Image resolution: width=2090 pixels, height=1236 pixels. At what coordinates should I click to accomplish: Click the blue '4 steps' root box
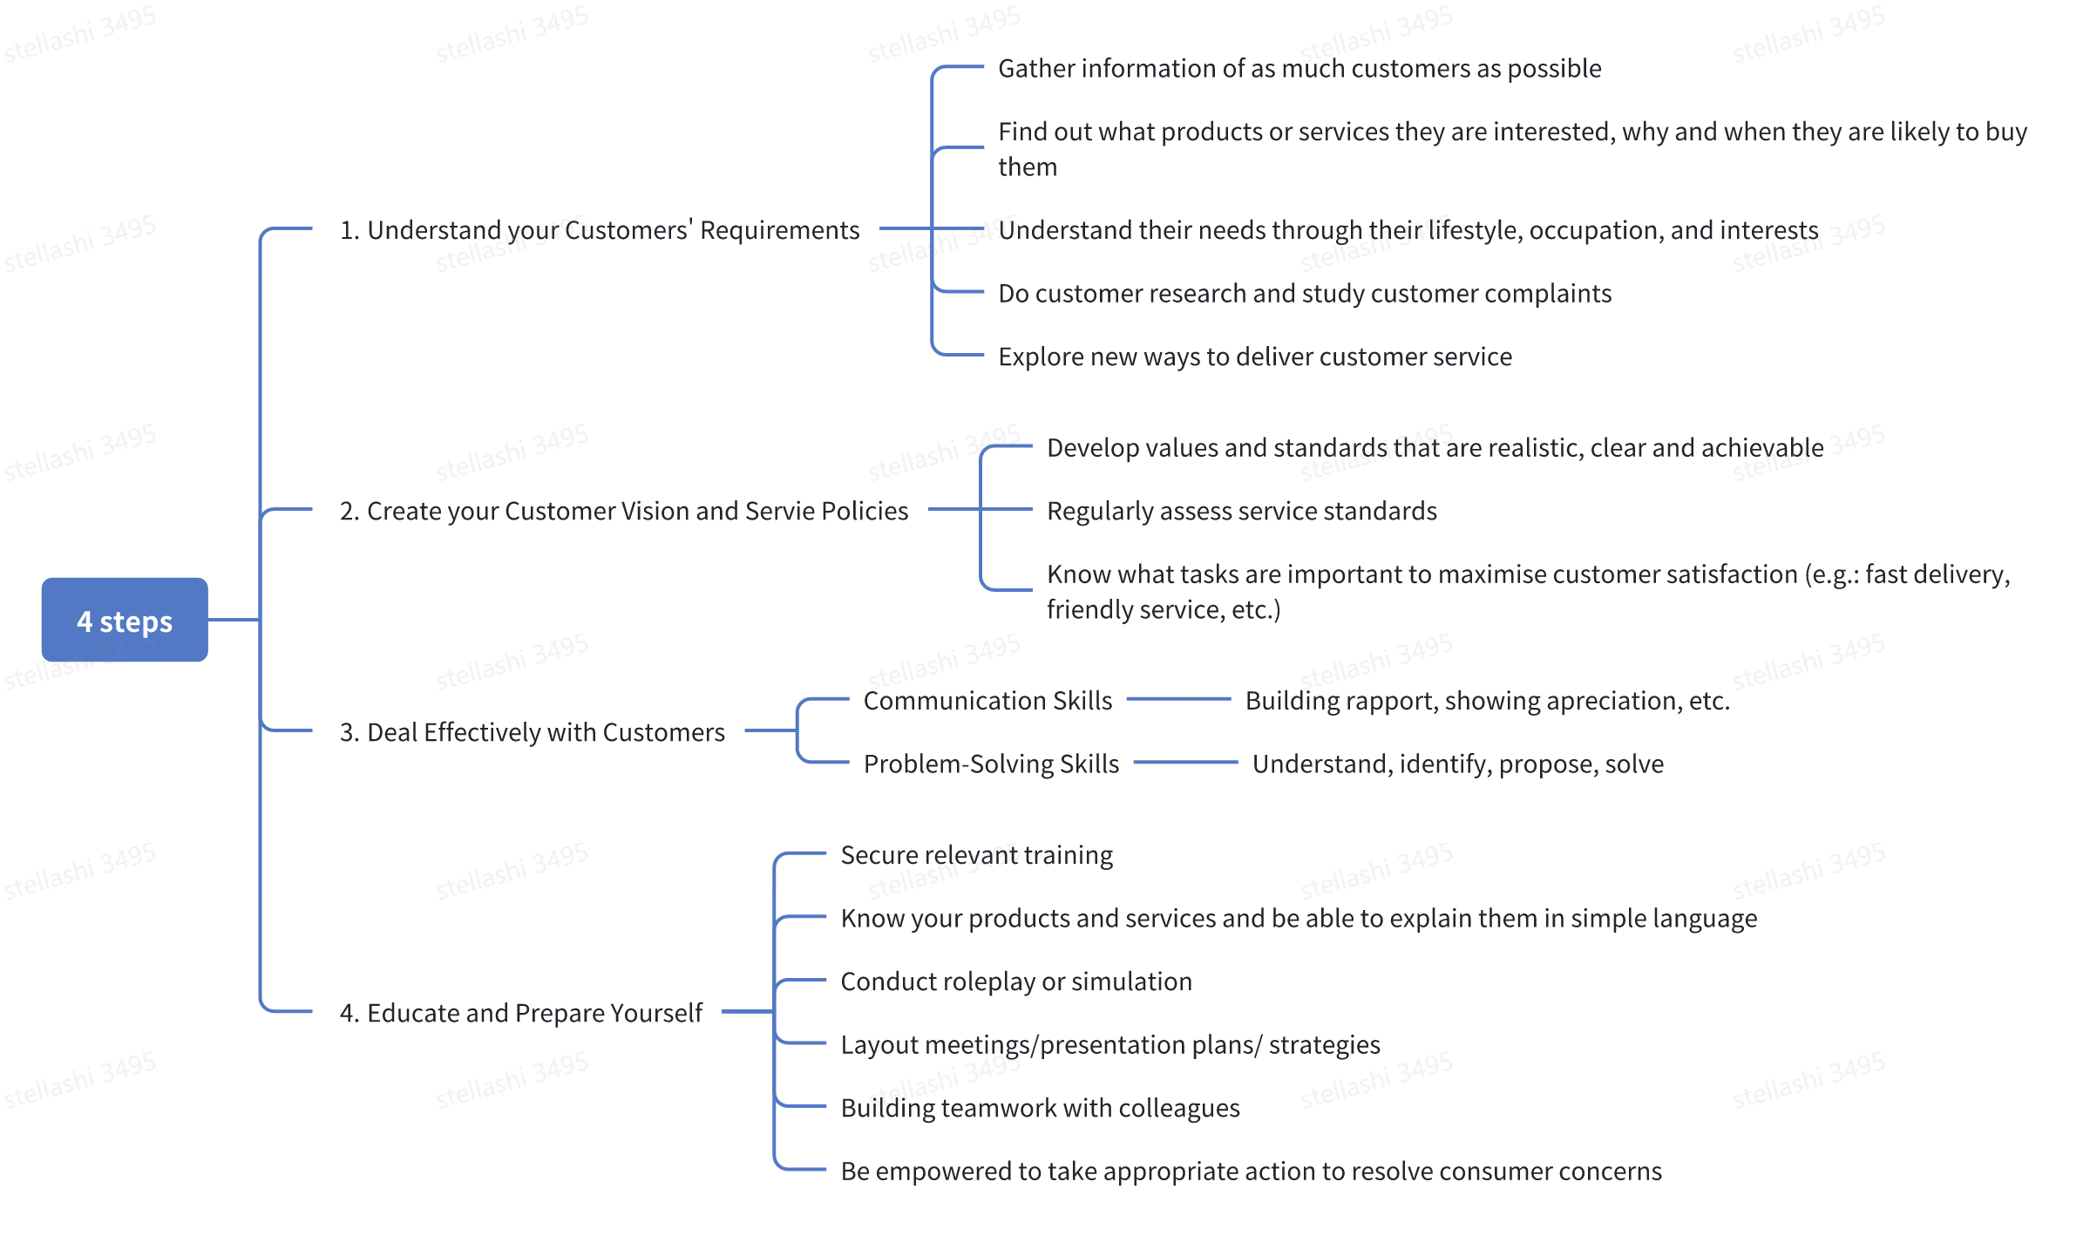pos(125,620)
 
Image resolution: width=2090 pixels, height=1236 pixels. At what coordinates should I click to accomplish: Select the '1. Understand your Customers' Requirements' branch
pos(600,230)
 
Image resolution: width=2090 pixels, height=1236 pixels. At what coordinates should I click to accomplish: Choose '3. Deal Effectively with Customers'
pos(532,732)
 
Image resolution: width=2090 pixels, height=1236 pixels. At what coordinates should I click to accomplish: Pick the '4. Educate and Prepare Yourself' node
pos(521,1013)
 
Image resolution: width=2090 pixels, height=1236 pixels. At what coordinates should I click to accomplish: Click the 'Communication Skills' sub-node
pos(987,701)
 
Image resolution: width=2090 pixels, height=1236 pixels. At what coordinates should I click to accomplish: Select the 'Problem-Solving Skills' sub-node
pos(991,764)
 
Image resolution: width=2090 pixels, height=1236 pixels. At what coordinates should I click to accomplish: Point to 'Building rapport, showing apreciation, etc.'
pos(1488,701)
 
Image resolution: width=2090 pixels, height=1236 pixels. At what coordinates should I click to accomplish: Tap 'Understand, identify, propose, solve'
pos(1458,764)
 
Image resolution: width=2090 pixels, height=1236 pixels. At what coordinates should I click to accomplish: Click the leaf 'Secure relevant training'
pos(977,855)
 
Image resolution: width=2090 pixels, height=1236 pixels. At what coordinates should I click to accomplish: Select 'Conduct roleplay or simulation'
pos(1016,981)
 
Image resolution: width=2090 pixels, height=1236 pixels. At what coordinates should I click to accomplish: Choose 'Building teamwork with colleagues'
pos(1040,1108)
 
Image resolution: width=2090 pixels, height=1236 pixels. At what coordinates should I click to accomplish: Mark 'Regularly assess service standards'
pos(1242,511)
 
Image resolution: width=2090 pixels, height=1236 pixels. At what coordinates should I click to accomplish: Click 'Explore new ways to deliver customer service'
pos(1255,357)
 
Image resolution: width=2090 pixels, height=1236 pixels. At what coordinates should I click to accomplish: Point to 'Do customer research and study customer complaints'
pos(1305,294)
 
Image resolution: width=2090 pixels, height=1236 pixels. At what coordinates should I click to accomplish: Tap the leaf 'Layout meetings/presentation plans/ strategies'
pos(1110,1044)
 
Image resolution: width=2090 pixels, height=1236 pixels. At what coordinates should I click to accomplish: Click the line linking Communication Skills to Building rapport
pos(1179,699)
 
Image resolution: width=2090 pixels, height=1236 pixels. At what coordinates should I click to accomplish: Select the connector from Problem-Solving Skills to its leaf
pos(1186,762)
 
